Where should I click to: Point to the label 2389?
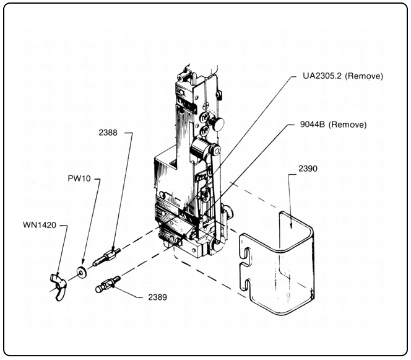pyautogui.click(x=157, y=297)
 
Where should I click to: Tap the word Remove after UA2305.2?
pyautogui.click(x=366, y=76)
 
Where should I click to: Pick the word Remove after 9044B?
pyautogui.click(x=348, y=125)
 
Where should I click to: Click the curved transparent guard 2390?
pyautogui.click(x=282, y=260)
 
